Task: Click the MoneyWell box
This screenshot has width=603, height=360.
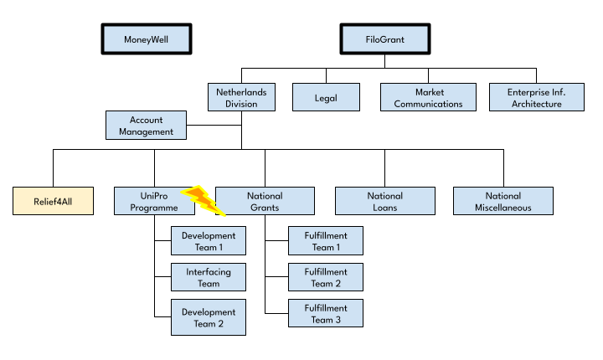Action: click(x=147, y=39)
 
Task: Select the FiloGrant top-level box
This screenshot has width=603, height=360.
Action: click(x=385, y=39)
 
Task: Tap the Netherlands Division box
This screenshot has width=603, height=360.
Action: click(x=241, y=97)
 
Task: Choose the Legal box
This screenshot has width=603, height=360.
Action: click(x=326, y=97)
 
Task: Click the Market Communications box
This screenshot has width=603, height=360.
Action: click(x=429, y=97)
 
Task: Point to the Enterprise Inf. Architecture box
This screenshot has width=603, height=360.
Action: click(x=537, y=97)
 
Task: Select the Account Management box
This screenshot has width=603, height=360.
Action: click(x=146, y=126)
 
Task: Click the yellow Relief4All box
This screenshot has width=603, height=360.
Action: click(x=53, y=201)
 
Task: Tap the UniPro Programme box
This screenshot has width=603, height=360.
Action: click(x=154, y=201)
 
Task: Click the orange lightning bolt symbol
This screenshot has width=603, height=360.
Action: click(x=203, y=200)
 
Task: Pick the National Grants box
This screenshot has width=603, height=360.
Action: click(x=265, y=201)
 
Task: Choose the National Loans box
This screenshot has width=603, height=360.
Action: click(x=385, y=201)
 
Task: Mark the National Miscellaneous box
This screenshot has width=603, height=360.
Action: click(x=503, y=201)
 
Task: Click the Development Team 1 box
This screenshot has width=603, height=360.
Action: click(x=209, y=241)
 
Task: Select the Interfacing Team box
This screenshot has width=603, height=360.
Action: click(x=209, y=277)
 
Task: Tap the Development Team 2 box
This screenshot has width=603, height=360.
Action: click(x=209, y=317)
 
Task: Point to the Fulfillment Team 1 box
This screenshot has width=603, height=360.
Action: click(x=326, y=241)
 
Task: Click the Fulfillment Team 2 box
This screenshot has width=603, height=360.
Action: click(x=326, y=277)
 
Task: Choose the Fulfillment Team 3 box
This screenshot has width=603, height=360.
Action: click(x=326, y=313)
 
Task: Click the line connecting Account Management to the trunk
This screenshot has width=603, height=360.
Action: click(x=214, y=125)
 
